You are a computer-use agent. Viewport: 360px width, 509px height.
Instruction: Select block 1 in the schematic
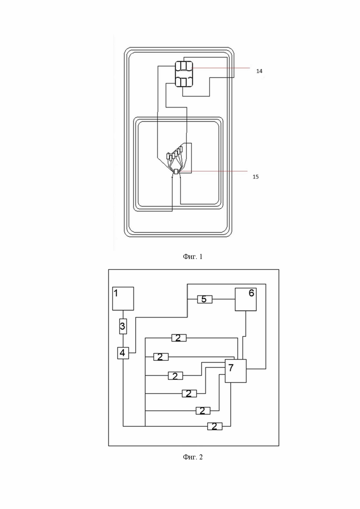(x=123, y=298)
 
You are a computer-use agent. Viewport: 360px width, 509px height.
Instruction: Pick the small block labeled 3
(x=123, y=327)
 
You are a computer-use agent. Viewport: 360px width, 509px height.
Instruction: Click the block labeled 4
(x=122, y=353)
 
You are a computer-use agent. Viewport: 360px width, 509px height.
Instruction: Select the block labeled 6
(x=246, y=299)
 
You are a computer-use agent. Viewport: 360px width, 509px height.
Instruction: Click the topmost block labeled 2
(x=178, y=338)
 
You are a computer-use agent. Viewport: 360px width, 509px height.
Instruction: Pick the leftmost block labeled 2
(x=161, y=357)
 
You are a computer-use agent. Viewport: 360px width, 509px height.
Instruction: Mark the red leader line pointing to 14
(x=217, y=68)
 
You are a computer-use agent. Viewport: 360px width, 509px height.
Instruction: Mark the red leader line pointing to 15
(x=217, y=171)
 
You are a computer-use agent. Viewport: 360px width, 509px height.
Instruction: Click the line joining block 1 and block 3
(x=123, y=315)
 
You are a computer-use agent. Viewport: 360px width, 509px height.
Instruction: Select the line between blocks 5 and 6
(x=224, y=299)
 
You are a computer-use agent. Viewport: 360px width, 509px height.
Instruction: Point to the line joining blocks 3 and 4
(x=123, y=341)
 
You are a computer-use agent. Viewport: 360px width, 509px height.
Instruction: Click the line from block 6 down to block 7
(x=245, y=335)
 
